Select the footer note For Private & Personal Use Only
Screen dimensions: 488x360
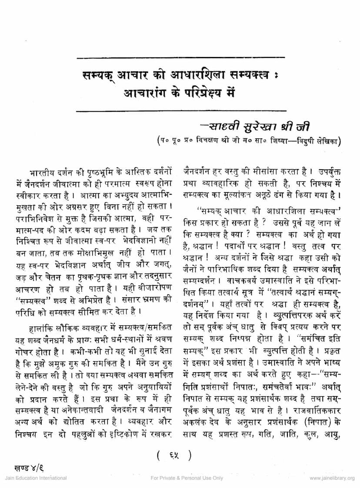tap(187, 478)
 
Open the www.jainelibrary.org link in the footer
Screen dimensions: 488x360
tap(332, 478)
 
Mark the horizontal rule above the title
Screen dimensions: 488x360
tap(180, 57)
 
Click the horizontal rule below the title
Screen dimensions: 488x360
tap(180, 110)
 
